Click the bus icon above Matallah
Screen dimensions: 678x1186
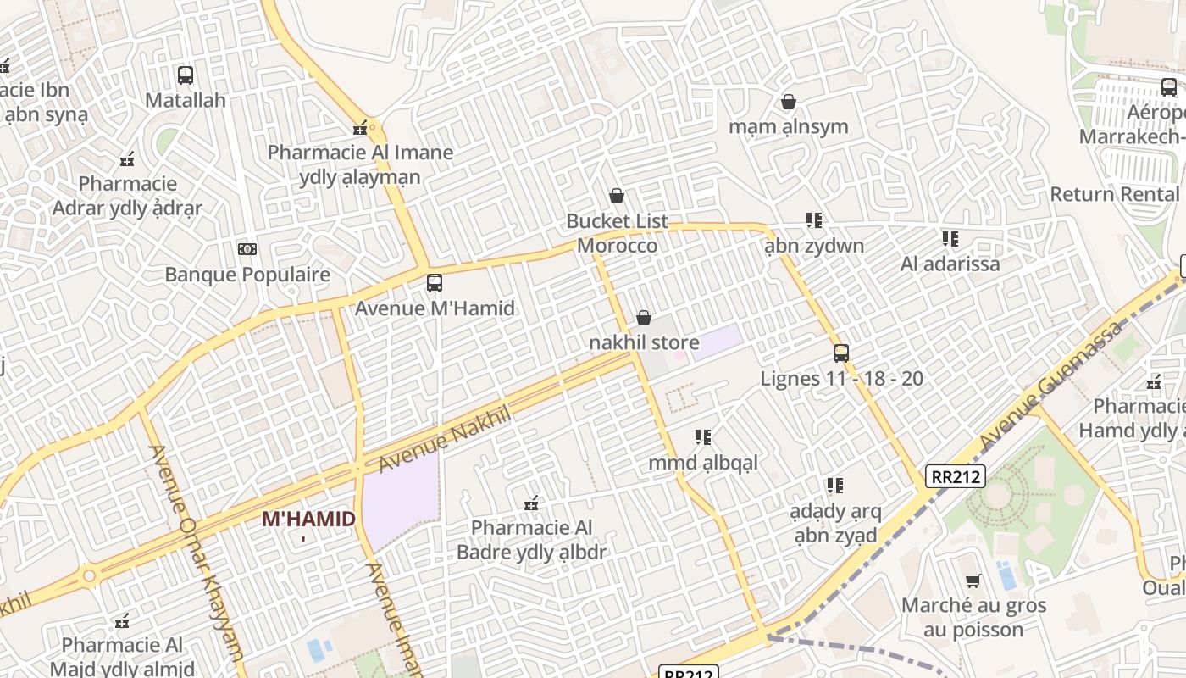click(x=186, y=75)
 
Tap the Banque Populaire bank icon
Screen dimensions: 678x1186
click(x=247, y=248)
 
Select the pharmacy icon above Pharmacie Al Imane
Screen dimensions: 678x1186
click(x=360, y=128)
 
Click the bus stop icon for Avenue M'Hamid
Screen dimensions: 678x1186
click(x=435, y=282)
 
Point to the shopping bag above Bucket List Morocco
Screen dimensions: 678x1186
click(x=617, y=196)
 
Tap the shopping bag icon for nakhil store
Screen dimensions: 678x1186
click(x=644, y=318)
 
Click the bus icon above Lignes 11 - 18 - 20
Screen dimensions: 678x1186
click(x=841, y=353)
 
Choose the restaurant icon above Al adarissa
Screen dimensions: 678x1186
click(x=950, y=239)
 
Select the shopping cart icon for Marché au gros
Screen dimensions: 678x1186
click(x=973, y=581)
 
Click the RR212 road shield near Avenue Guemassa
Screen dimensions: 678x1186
click(x=956, y=476)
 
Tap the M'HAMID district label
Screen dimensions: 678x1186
click(x=308, y=519)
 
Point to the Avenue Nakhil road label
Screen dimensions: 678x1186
click(x=446, y=439)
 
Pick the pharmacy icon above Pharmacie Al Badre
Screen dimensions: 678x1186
click(x=531, y=503)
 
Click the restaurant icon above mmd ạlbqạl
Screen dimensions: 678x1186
click(x=702, y=437)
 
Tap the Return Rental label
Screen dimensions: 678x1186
click(x=1114, y=194)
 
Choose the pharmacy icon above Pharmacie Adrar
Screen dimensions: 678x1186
click(x=127, y=158)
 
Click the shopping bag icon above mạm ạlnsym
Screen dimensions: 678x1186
click(x=789, y=102)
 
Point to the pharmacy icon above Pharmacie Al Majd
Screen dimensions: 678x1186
click(x=122, y=621)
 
